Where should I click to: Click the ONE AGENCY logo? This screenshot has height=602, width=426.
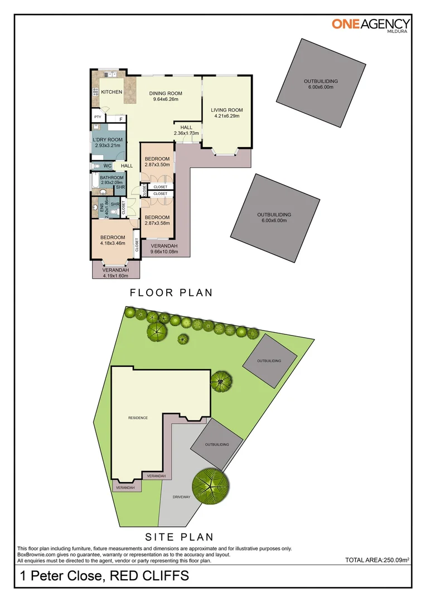(371, 24)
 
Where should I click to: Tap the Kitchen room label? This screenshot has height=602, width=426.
(111, 92)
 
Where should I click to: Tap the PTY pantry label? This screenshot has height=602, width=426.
(98, 117)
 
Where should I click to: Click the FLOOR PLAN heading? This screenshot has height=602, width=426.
(171, 293)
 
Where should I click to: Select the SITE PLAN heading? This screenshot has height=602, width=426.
(180, 537)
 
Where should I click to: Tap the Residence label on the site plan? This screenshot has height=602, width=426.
(138, 417)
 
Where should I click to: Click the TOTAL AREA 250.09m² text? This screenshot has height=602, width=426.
(378, 560)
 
